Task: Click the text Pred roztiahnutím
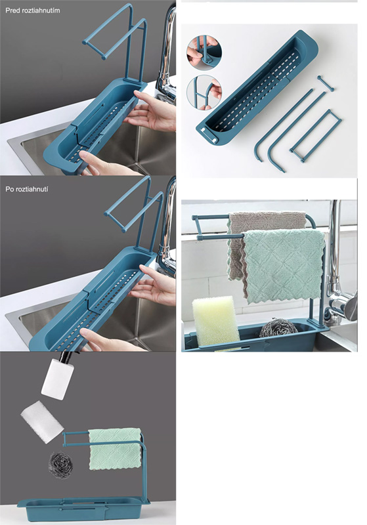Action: (x=32, y=10)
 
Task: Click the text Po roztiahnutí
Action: (x=27, y=189)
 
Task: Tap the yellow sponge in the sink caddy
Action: (x=215, y=321)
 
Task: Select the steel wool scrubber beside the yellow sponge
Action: (x=278, y=327)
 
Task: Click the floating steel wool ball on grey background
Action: (x=60, y=465)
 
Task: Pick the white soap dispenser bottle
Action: (x=58, y=376)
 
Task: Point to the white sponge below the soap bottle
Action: (x=42, y=422)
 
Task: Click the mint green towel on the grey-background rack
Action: (x=115, y=449)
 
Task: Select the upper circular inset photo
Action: (x=204, y=52)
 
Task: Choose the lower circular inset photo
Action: (x=204, y=93)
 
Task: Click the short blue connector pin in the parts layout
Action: (x=326, y=83)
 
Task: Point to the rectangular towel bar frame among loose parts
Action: (x=315, y=136)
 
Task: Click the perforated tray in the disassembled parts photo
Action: (x=257, y=89)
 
